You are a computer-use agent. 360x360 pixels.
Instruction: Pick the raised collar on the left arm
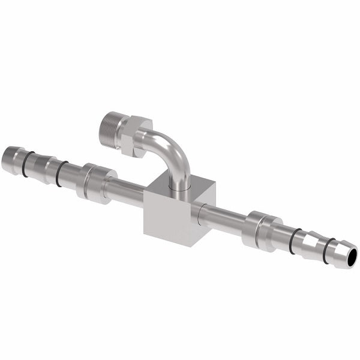94,182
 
